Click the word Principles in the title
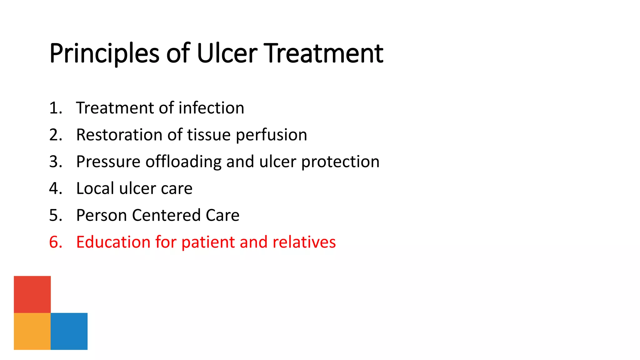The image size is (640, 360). (105, 54)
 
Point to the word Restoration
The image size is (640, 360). (119, 135)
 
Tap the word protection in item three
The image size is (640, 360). (340, 162)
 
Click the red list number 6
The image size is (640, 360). (55, 242)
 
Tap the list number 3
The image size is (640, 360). (55, 162)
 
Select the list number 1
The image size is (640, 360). (55, 108)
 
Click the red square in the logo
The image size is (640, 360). (32, 294)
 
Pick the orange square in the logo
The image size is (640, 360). (32, 331)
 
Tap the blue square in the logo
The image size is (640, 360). (69, 331)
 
